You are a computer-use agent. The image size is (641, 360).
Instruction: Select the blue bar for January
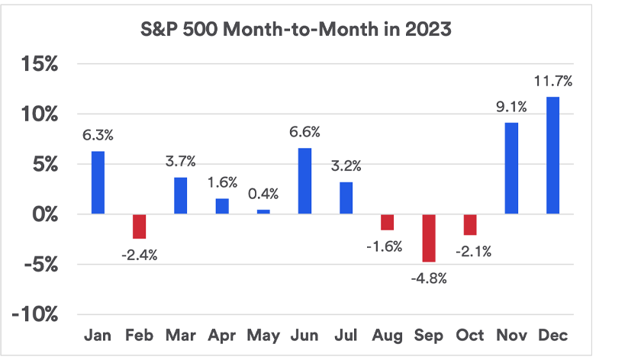click(x=98, y=182)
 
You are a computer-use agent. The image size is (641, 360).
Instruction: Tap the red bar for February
click(x=139, y=227)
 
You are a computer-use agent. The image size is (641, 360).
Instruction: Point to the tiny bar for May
click(x=263, y=212)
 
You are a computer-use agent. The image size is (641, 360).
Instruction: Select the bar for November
click(x=511, y=169)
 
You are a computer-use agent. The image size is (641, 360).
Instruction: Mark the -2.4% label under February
click(x=139, y=255)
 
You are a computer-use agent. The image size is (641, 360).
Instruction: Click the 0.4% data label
click(x=263, y=194)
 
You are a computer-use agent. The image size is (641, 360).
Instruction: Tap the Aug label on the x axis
click(x=387, y=336)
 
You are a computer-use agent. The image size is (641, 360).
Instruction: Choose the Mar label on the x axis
click(x=180, y=336)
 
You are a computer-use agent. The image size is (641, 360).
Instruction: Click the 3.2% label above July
click(x=346, y=166)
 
